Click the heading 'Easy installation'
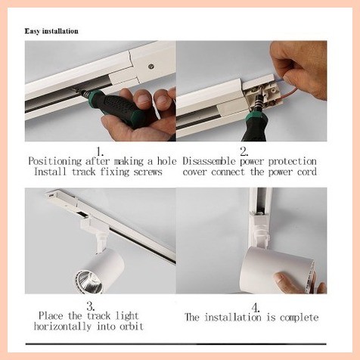57,31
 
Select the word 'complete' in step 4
296,318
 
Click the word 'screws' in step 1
145,172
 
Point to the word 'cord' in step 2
303,172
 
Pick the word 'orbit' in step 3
127,326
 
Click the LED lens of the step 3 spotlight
84,281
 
